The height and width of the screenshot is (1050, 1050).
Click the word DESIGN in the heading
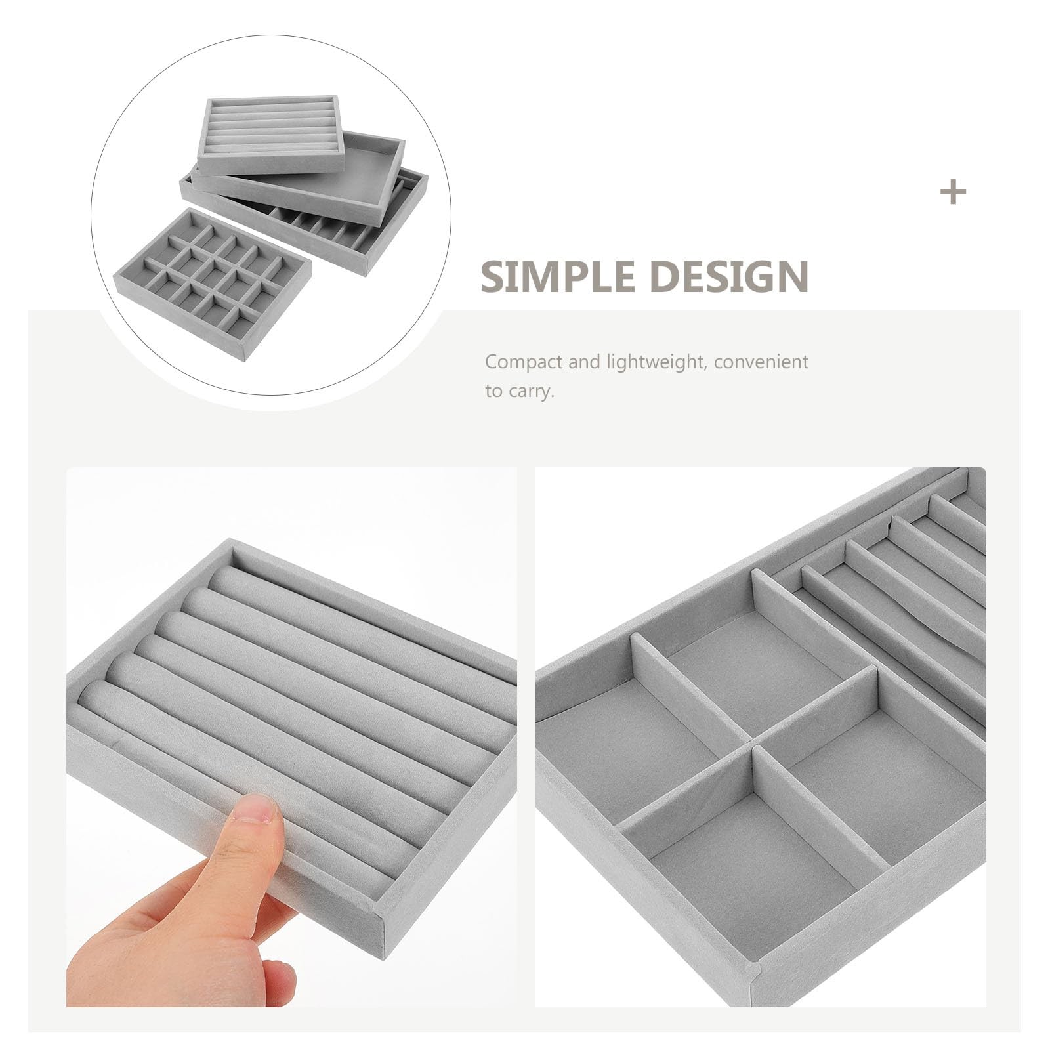[x=729, y=276]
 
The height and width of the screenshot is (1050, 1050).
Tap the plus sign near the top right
[x=953, y=192]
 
